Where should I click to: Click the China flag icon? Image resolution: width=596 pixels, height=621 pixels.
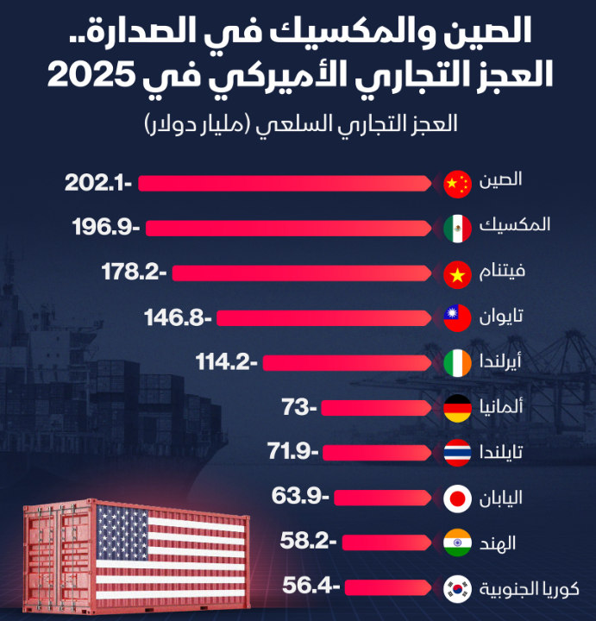pos(457,183)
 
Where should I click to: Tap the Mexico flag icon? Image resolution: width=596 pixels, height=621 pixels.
pos(457,228)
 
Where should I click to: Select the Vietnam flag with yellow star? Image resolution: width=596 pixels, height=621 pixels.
pos(457,273)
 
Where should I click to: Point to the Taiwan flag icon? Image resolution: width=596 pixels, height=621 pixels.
pos(457,318)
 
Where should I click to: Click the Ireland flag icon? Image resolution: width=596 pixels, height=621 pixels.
pos(457,363)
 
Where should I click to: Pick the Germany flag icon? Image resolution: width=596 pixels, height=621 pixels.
pos(457,407)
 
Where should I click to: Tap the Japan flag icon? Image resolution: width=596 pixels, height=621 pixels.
pos(457,499)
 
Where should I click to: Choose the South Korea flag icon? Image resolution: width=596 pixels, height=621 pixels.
pos(457,589)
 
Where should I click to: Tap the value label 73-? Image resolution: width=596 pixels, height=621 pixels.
pos(301,407)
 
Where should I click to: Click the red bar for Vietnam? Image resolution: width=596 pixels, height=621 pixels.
pos(302,273)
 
